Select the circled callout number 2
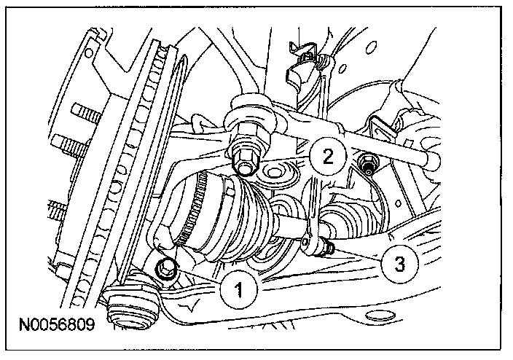pyautogui.click(x=325, y=156)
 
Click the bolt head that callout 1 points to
pyautogui.click(x=166, y=267)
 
